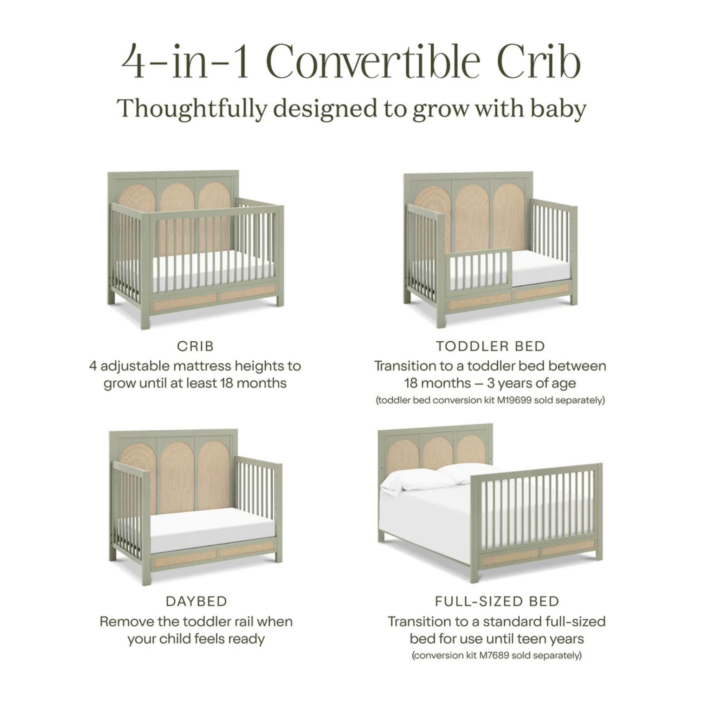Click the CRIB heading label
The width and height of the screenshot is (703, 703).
point(195,347)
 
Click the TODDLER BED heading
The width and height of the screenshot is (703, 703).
point(490,347)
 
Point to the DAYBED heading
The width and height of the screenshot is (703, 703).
point(196,601)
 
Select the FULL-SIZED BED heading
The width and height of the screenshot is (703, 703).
point(497,601)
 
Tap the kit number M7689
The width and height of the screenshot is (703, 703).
point(494,655)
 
